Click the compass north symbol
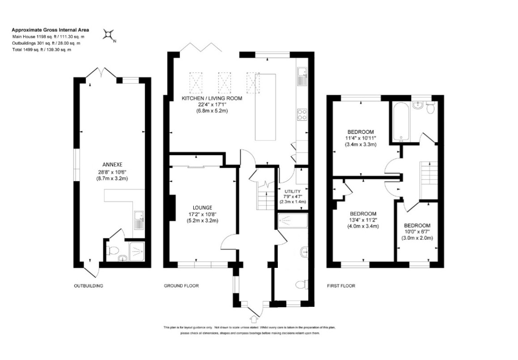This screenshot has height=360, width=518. [x=109, y=34]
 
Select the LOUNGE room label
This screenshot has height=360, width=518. [x=203, y=208]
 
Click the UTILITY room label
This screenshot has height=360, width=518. [x=293, y=191]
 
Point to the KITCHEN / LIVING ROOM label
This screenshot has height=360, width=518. [x=212, y=98]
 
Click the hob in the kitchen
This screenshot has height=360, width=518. [x=302, y=114]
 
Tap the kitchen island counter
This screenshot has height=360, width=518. [x=266, y=107]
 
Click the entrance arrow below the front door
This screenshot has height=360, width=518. [x=254, y=319]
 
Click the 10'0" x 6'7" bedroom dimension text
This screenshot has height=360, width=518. [x=417, y=232]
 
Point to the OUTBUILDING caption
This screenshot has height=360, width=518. [x=89, y=286]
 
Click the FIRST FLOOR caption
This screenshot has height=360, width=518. [x=341, y=286]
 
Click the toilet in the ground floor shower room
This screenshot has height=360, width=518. [x=302, y=284]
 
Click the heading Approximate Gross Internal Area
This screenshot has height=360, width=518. [x=50, y=30]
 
